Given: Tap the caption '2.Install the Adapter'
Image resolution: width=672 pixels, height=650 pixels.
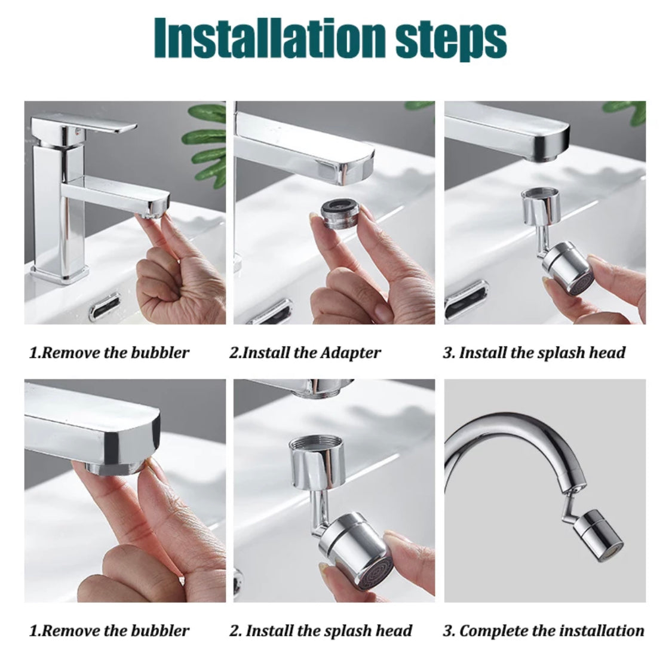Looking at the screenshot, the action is pos(305,352).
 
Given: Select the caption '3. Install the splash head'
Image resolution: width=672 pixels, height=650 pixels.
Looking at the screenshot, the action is pos(534,352).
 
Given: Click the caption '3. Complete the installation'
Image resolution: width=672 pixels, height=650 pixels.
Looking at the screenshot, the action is pos(544,631).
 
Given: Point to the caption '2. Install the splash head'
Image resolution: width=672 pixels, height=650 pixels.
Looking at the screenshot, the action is pos(321,631).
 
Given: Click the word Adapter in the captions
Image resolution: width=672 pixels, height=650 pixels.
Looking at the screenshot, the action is pos(350,353).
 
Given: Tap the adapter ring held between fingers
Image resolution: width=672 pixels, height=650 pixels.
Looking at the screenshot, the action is pos(340,214).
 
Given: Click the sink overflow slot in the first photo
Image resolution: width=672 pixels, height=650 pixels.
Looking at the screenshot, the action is pos(105,306).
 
